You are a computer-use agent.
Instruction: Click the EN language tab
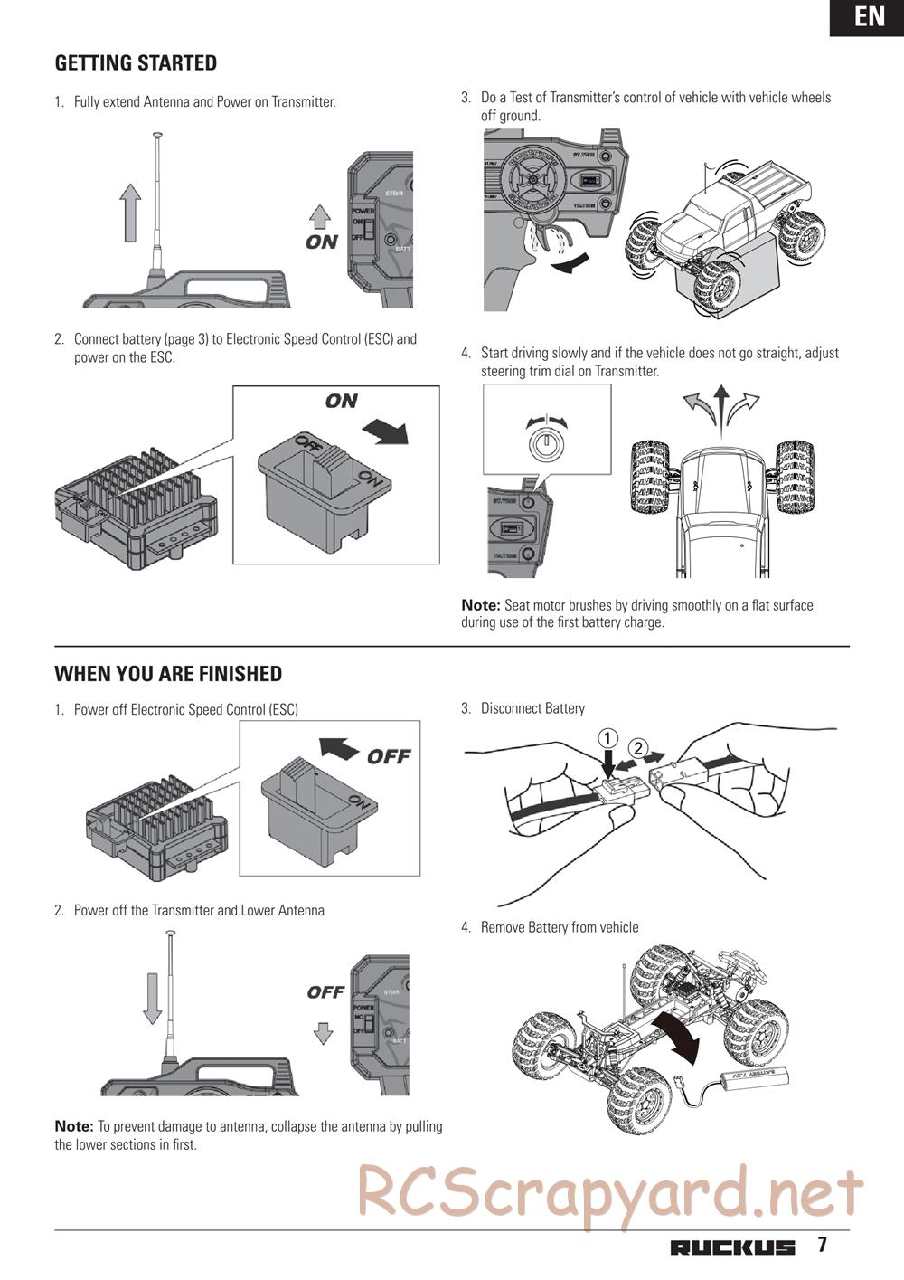pyautogui.click(x=869, y=17)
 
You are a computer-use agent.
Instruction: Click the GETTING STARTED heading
pyautogui.click(x=136, y=63)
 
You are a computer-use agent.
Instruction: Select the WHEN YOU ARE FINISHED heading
pyautogui.click(x=168, y=674)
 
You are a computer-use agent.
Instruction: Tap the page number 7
pyautogui.click(x=822, y=1245)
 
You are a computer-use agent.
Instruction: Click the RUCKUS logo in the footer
pyautogui.click(x=732, y=1247)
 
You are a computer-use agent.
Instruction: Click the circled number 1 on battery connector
pyautogui.click(x=608, y=737)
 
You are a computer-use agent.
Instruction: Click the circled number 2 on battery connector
pyautogui.click(x=638, y=748)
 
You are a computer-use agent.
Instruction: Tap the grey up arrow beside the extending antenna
pyautogui.click(x=131, y=211)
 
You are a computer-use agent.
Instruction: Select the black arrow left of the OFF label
pyautogui.click(x=339, y=749)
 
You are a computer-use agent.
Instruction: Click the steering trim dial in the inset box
pyautogui.click(x=545, y=443)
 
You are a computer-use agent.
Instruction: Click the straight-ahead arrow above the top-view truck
pyautogui.click(x=720, y=403)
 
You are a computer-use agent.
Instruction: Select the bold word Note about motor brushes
pyautogui.click(x=480, y=605)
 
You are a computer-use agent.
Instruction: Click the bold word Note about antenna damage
pyautogui.click(x=73, y=1126)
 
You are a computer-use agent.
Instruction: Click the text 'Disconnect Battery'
pyautogui.click(x=532, y=708)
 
